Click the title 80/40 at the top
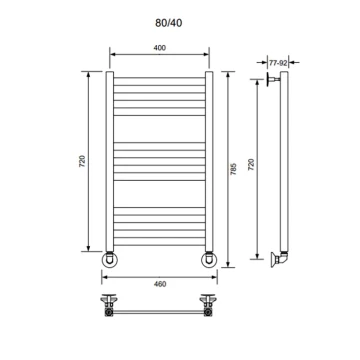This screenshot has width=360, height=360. (x=169, y=23)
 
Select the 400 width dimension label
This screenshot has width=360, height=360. (x=160, y=48)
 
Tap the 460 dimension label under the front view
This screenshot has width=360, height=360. (x=160, y=284)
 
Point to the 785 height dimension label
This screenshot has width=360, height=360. (x=233, y=169)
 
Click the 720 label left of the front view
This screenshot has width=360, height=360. (x=82, y=161)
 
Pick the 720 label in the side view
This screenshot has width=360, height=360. (x=252, y=165)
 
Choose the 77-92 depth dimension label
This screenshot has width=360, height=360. (x=278, y=62)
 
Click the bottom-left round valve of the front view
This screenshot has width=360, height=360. (x=109, y=260)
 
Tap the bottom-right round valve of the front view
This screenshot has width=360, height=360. (x=209, y=260)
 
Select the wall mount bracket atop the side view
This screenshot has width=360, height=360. (x=273, y=79)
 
